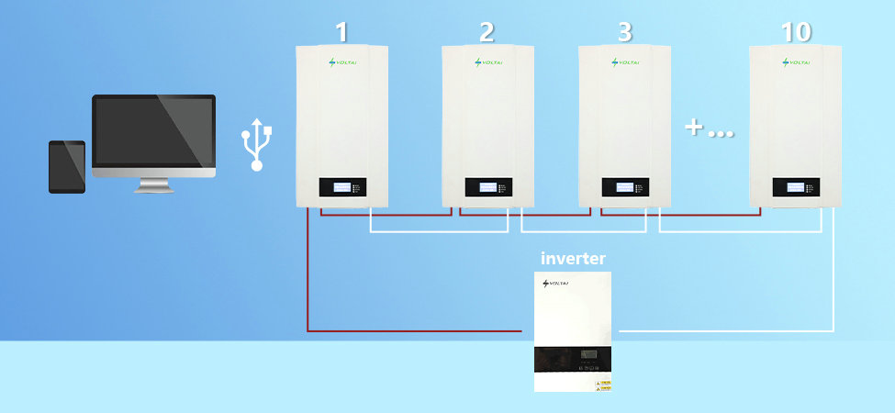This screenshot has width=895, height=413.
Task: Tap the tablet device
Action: (67, 166)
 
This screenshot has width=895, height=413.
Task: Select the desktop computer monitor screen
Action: (153, 129)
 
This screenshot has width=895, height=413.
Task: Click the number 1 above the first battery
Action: (341, 32)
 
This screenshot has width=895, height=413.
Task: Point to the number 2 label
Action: (487, 32)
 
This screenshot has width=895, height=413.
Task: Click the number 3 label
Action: (625, 32)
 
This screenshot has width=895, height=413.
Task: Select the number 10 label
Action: (796, 32)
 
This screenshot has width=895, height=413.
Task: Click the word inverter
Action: (573, 259)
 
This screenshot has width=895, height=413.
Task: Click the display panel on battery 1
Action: (342, 186)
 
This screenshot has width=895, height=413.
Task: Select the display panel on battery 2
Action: (487, 186)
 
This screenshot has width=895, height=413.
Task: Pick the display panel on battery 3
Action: (625, 186)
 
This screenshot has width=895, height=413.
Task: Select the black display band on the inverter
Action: (574, 358)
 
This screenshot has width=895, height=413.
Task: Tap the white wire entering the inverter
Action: (725, 330)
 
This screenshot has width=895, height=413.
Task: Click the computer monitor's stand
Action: (153, 184)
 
